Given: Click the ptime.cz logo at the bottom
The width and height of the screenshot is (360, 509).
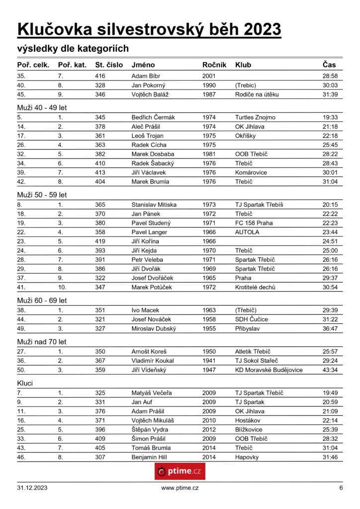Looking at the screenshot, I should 180,471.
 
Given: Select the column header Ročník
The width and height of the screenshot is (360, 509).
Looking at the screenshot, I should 214,65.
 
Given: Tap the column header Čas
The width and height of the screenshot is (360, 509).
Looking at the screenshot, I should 329,65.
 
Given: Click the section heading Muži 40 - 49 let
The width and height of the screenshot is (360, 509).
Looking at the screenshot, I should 42,106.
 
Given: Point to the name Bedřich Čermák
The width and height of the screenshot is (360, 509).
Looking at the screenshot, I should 153,118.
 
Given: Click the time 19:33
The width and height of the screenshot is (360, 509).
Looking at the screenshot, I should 330,118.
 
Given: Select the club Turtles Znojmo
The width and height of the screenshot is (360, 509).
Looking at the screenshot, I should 255,118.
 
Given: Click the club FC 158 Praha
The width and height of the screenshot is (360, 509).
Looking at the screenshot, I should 254,223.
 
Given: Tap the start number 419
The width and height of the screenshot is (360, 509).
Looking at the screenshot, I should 100,242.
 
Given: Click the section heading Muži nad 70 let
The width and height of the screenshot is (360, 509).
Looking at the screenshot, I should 42,341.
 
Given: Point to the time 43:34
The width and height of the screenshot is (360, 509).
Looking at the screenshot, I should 330,370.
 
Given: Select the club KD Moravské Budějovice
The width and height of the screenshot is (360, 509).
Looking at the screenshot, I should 269,370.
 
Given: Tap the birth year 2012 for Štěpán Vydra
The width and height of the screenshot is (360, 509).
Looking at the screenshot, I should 209,429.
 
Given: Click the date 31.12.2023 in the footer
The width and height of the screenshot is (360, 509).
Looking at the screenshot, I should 32,488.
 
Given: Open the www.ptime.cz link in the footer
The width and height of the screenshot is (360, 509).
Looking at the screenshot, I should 180,488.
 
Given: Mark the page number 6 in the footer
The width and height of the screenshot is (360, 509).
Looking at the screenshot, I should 341,488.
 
